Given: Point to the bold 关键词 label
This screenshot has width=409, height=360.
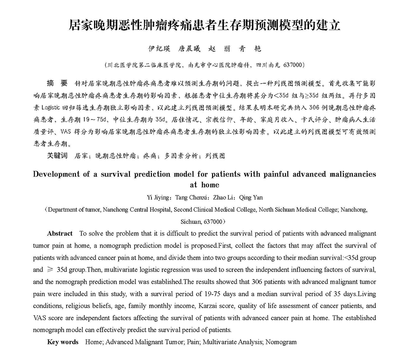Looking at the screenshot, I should [x=57, y=156].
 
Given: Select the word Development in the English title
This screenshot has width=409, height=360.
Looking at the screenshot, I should [x=57, y=174].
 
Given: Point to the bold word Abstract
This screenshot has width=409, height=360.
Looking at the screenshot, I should [x=60, y=234].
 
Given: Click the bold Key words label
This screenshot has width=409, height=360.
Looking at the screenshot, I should [x=63, y=342].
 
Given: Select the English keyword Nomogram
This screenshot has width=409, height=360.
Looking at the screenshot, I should [x=281, y=342].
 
